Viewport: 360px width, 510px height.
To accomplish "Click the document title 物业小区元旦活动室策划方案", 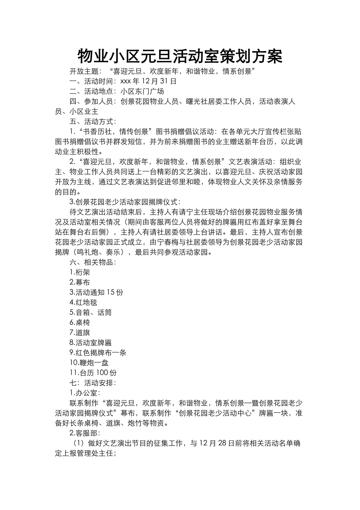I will [x=180, y=56].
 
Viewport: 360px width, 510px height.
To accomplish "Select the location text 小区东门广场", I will [x=142, y=91].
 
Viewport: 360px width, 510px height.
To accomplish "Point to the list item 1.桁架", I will [x=80, y=272].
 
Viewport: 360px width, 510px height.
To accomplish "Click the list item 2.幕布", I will [x=80, y=282].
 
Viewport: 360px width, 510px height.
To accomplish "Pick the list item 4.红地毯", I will [x=83, y=302].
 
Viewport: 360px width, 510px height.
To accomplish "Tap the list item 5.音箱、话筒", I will [x=91, y=313].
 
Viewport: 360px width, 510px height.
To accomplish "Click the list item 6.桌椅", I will [x=80, y=322].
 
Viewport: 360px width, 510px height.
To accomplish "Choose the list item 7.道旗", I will [x=80, y=333].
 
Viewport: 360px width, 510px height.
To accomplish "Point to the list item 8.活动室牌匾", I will [x=91, y=343].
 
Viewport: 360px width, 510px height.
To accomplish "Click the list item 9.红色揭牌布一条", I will [x=98, y=353].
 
